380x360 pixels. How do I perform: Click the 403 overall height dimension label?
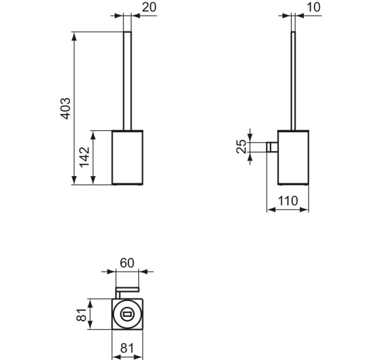pos(65,107)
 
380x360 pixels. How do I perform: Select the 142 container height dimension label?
pos(85,158)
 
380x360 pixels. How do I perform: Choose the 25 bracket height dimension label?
pos(242,147)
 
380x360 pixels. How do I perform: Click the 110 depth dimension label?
pos(288,202)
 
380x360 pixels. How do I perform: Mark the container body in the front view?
pos(128,157)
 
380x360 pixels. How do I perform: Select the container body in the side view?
pos(293,157)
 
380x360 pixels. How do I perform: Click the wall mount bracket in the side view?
pos(272,147)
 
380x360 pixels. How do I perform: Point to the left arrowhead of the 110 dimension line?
pos(270,211)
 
